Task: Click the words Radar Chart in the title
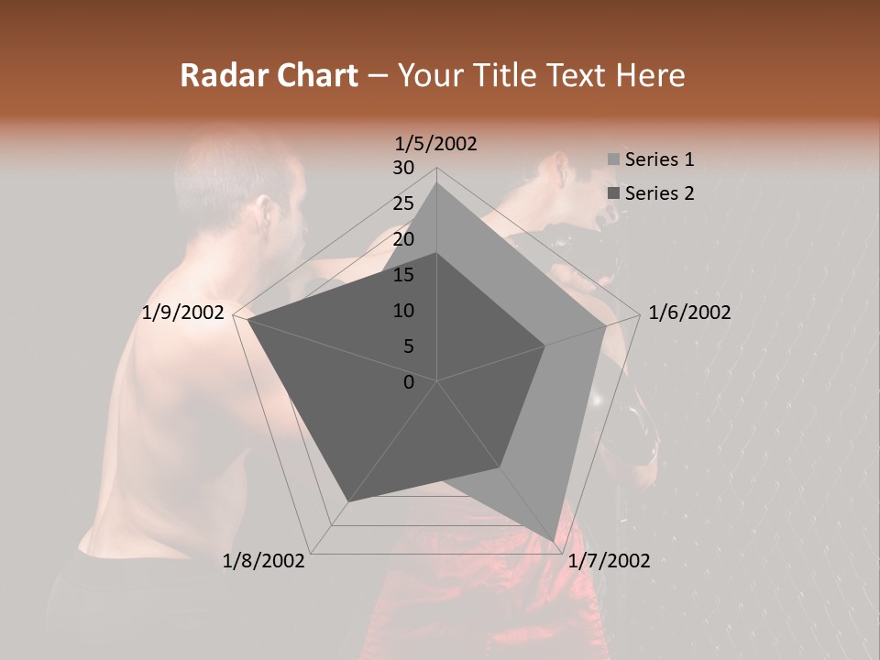point(269,75)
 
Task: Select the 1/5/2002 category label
point(436,144)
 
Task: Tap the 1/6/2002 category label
point(689,313)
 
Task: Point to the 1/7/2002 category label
point(609,561)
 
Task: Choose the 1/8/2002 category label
point(264,561)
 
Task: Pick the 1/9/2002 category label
point(183,313)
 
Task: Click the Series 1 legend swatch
point(613,159)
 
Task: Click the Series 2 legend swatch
point(613,193)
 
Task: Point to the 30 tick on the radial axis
point(403,168)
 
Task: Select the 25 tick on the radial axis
point(403,203)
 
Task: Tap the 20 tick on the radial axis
point(403,239)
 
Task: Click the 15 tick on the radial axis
point(403,275)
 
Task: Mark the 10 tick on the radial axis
point(403,311)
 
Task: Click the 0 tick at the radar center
point(409,382)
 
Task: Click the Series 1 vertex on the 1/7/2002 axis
point(554,542)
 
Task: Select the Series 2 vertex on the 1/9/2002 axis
point(247,319)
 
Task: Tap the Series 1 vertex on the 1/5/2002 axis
point(437,182)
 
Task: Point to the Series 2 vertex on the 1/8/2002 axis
point(348,501)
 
